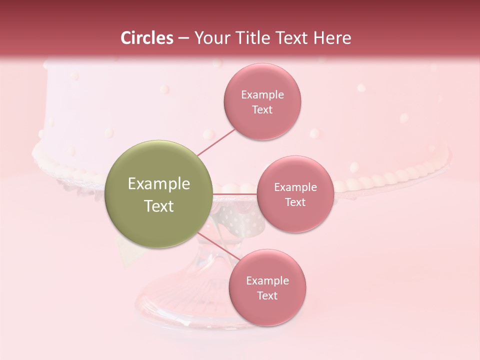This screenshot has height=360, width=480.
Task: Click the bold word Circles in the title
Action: (146, 38)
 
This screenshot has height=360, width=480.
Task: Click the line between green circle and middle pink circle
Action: (235, 193)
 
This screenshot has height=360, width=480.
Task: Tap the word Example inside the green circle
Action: (159, 184)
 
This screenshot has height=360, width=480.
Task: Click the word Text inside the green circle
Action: (159, 206)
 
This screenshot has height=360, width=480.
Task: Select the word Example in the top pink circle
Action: (262, 95)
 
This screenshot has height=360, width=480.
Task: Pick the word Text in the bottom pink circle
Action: (267, 296)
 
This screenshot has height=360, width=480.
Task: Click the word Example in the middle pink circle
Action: (295, 187)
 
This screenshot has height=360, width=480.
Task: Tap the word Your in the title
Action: (209, 38)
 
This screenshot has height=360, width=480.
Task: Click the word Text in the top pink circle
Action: (262, 110)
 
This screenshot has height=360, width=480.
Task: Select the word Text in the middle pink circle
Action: (295, 202)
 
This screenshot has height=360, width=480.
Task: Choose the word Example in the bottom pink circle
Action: (267, 281)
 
